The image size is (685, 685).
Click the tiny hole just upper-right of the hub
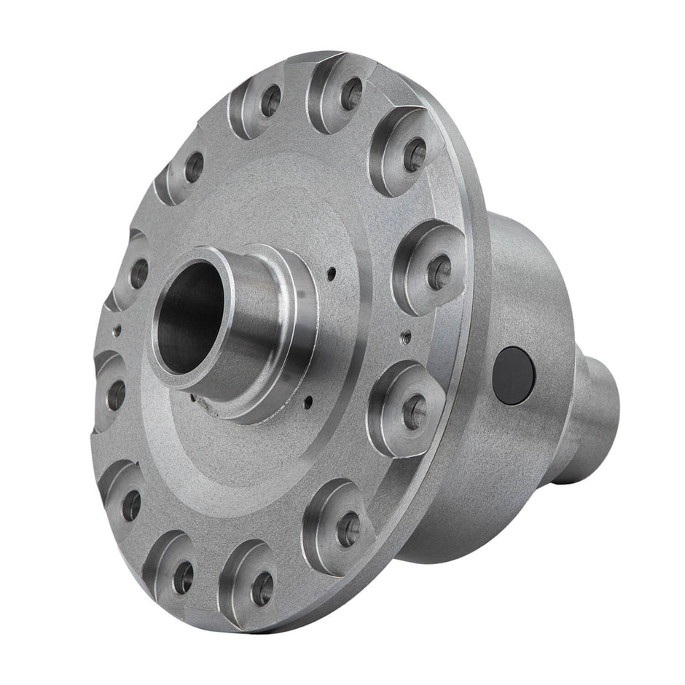point(331,274)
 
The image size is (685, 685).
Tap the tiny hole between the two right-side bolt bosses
point(406,336)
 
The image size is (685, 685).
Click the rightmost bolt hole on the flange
point(439,273)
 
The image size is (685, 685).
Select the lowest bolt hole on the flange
point(261,587)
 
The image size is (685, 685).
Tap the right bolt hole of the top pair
point(351,93)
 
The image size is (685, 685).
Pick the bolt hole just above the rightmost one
point(415,154)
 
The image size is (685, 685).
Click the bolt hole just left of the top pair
point(194,167)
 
